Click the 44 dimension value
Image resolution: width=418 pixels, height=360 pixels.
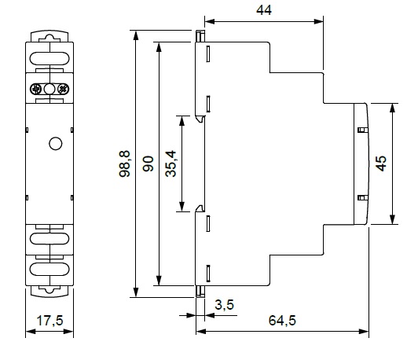point(264,10)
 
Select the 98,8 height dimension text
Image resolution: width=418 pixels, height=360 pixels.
point(124,163)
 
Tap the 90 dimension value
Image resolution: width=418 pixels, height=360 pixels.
point(148,163)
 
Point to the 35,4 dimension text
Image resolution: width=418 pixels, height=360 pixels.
point(170,163)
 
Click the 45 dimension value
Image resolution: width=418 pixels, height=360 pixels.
point(381,163)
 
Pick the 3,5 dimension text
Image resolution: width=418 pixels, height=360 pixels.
point(224,305)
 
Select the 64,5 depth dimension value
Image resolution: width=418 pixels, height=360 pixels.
point(282,320)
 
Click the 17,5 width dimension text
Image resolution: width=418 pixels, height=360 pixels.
point(49,320)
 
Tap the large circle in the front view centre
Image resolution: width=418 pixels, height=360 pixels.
point(56,144)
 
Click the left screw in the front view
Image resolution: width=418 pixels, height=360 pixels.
point(35,89)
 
